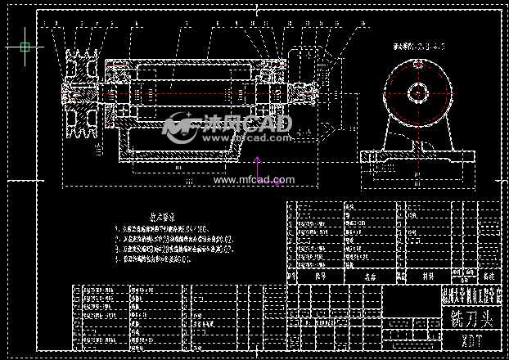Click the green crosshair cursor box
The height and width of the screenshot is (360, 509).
[25, 47]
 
